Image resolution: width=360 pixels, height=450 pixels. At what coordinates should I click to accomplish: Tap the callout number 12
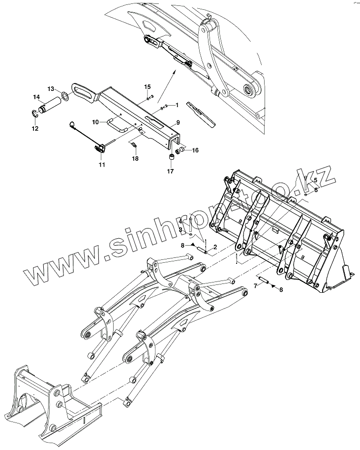[34, 129]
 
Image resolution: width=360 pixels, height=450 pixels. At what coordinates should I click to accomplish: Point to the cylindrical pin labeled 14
[51, 106]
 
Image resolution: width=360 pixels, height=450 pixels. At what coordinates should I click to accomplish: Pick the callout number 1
[176, 105]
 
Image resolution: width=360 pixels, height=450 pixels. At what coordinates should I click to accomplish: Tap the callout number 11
[101, 165]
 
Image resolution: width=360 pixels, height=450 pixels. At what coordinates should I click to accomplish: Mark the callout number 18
[135, 159]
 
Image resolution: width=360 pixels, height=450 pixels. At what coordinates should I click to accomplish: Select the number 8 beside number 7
[281, 290]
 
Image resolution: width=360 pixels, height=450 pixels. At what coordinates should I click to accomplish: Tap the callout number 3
[180, 229]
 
